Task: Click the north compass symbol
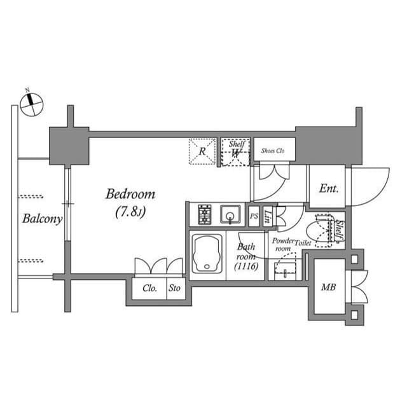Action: (31, 104)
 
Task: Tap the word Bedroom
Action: (130, 194)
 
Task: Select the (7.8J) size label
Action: (130, 212)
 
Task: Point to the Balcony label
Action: (42, 219)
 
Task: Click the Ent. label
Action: (328, 189)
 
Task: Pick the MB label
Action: (328, 287)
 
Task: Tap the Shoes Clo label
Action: (274, 151)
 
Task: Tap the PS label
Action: (254, 216)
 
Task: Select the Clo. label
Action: (150, 288)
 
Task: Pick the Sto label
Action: (174, 288)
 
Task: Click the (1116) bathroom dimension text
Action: (245, 267)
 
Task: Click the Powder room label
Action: (283, 244)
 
